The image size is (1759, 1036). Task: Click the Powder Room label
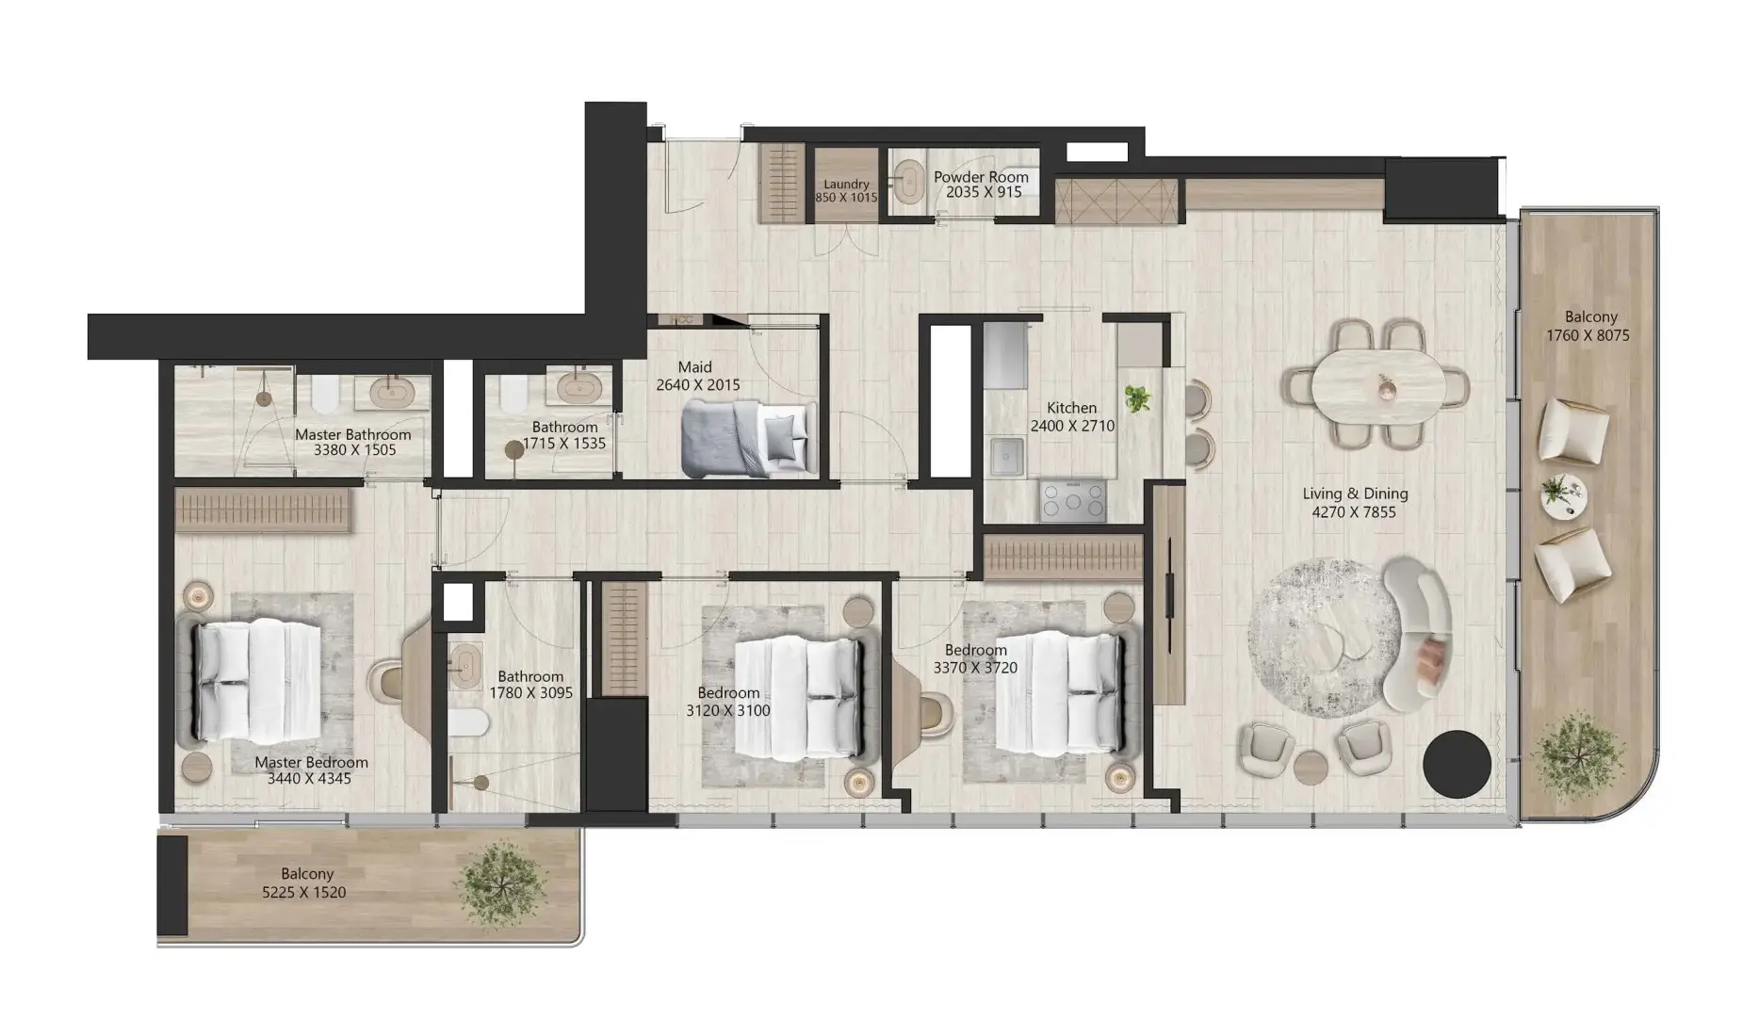tap(981, 177)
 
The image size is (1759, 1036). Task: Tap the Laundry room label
tap(846, 185)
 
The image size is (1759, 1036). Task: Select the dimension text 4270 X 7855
tap(1354, 512)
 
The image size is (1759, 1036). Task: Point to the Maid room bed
tap(748, 437)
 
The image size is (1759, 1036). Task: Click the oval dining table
tap(1376, 386)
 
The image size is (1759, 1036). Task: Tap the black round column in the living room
tap(1457, 764)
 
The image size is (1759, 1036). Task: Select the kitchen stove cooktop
tap(1072, 500)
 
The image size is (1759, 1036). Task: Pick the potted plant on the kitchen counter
tap(1138, 398)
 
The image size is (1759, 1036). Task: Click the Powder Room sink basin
tap(909, 181)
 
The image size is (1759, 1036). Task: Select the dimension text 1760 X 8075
tap(1588, 335)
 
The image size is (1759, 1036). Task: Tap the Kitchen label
tap(1072, 408)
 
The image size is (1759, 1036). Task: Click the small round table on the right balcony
tap(1564, 495)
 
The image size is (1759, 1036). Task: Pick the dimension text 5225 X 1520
tap(303, 893)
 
